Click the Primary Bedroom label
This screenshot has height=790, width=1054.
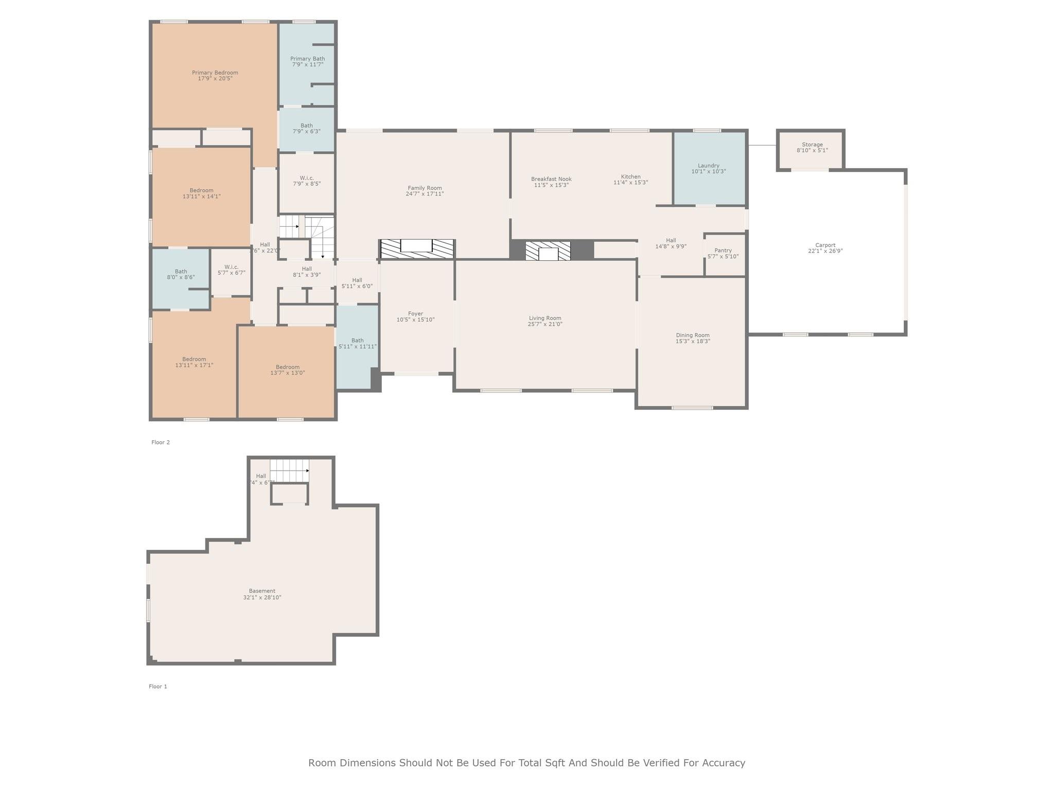pos(215,73)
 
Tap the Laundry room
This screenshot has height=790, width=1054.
pos(709,169)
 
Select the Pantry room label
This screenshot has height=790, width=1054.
pos(723,250)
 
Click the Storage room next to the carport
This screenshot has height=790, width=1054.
pos(812,148)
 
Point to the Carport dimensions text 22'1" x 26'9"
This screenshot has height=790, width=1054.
pos(825,252)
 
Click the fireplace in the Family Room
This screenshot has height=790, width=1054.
pos(417,248)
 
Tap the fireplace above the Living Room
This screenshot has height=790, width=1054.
pos(548,251)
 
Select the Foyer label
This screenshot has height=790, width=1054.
pos(415,314)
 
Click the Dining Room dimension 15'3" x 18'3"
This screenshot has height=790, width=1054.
pos(693,342)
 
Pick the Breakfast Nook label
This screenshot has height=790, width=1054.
pos(551,179)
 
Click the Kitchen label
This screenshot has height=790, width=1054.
pos(630,176)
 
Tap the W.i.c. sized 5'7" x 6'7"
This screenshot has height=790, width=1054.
pos(231,270)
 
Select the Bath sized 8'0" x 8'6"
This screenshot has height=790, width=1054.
pos(181,275)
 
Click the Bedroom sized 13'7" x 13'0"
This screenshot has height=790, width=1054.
pos(287,370)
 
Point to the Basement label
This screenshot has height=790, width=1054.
pos(262,591)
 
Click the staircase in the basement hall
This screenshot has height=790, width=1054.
pos(289,471)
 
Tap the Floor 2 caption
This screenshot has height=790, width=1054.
pos(161,442)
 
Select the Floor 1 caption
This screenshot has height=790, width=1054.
pos(158,687)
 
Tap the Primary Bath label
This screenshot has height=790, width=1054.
pos(307,59)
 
